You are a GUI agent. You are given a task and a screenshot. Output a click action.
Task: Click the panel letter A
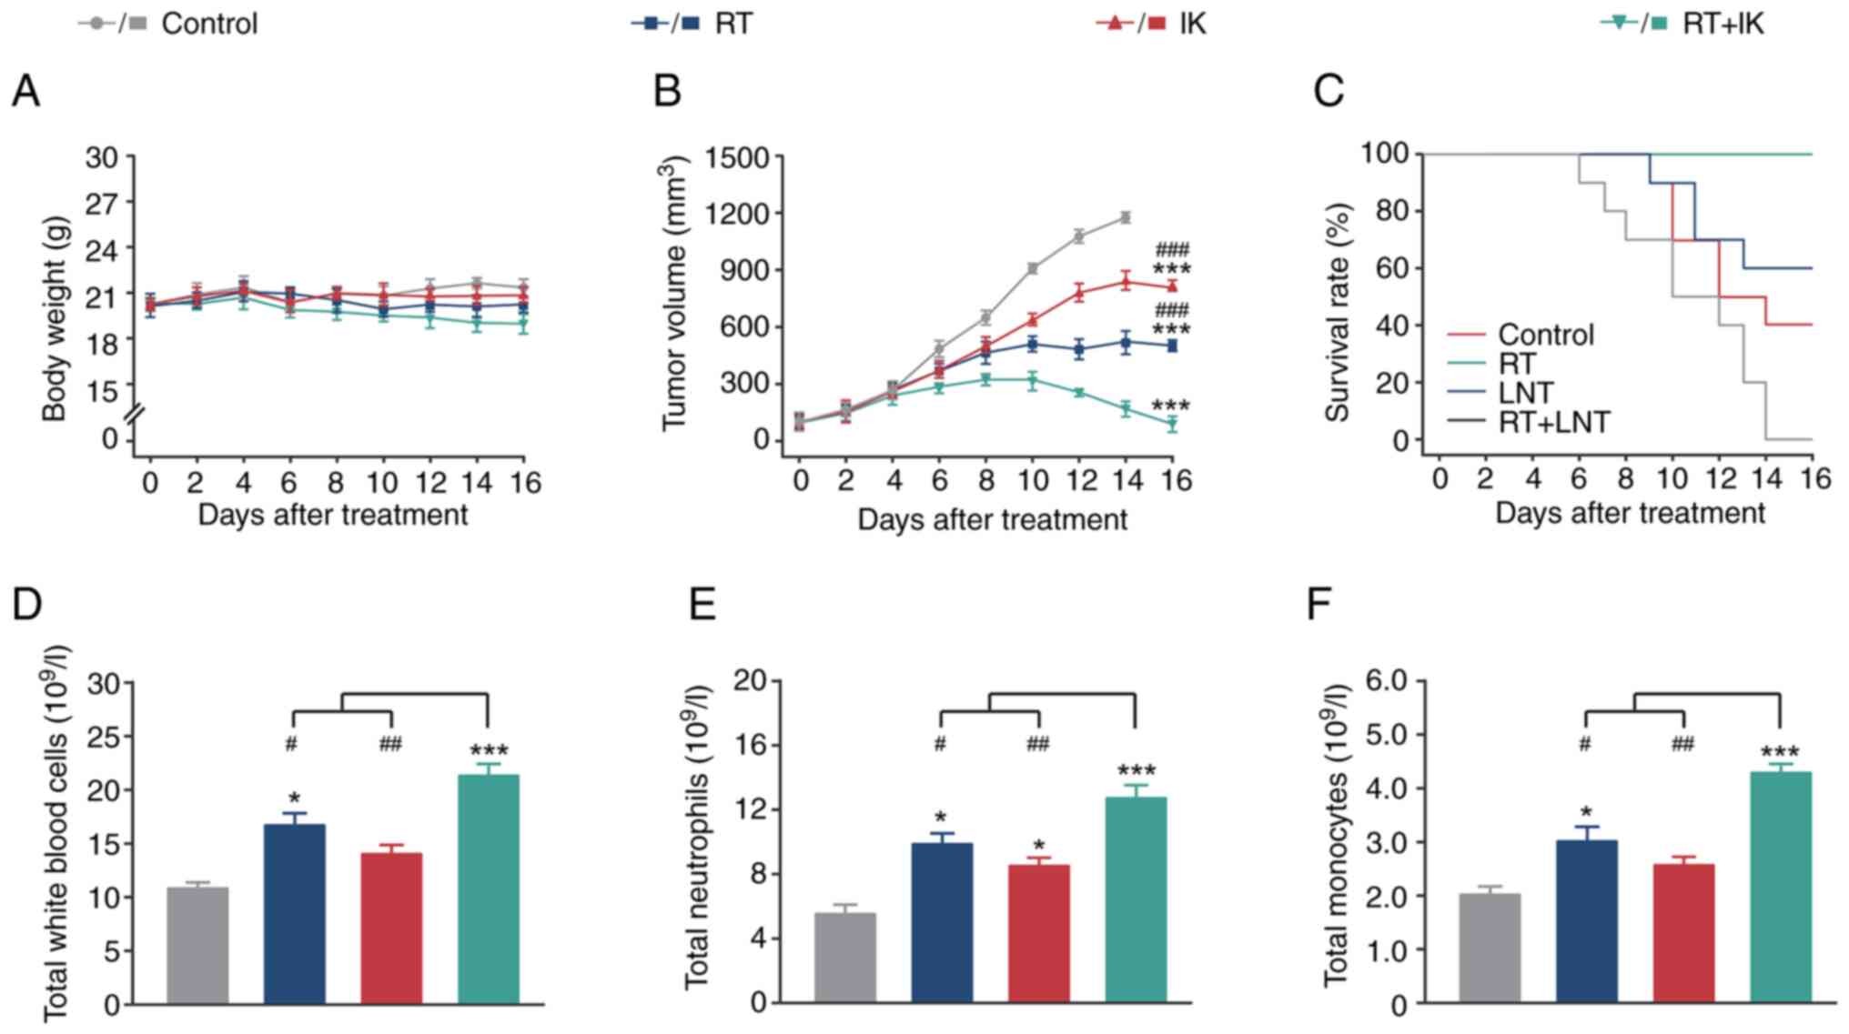(25, 91)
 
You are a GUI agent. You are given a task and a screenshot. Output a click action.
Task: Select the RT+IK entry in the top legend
(1722, 23)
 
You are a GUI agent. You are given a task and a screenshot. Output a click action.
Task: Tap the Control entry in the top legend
(208, 23)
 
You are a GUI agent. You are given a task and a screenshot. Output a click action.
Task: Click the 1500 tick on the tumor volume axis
(743, 157)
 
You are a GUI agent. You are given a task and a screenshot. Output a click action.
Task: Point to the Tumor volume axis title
(674, 293)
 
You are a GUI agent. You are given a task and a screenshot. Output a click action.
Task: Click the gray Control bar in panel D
(198, 945)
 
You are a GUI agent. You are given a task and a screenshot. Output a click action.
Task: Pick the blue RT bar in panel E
(942, 922)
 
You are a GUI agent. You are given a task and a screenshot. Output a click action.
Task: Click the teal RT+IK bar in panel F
(1781, 887)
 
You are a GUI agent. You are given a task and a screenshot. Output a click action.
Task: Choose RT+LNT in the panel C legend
(1554, 422)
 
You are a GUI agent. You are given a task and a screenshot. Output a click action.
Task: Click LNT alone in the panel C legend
(1525, 393)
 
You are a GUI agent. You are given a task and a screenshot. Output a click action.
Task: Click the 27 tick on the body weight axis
(102, 203)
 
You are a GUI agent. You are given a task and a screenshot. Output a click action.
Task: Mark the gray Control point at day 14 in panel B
(1126, 217)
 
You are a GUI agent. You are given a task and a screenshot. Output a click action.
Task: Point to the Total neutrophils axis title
(698, 837)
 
